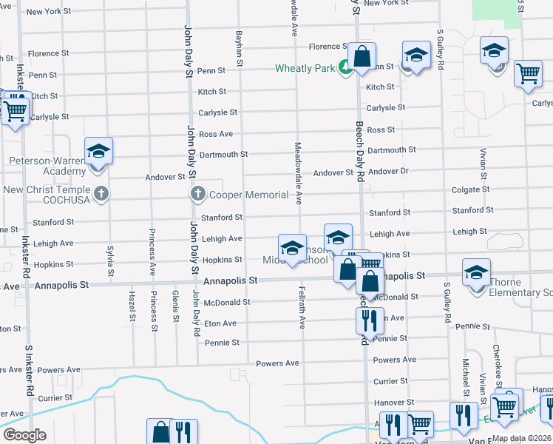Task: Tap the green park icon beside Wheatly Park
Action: pyautogui.click(x=345, y=67)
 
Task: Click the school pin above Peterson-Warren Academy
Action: pyautogui.click(x=98, y=152)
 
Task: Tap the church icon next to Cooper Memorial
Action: pyautogui.click(x=197, y=195)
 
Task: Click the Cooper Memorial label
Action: pyautogui.click(x=248, y=195)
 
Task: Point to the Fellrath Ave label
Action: pyautogui.click(x=302, y=307)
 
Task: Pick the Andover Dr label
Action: pyautogui.click(x=388, y=172)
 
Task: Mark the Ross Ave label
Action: pyautogui.click(x=216, y=134)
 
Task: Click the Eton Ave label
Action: pyautogui.click(x=220, y=323)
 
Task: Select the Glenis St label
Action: pyautogui.click(x=175, y=306)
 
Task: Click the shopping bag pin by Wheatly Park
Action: pyautogui.click(x=362, y=57)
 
